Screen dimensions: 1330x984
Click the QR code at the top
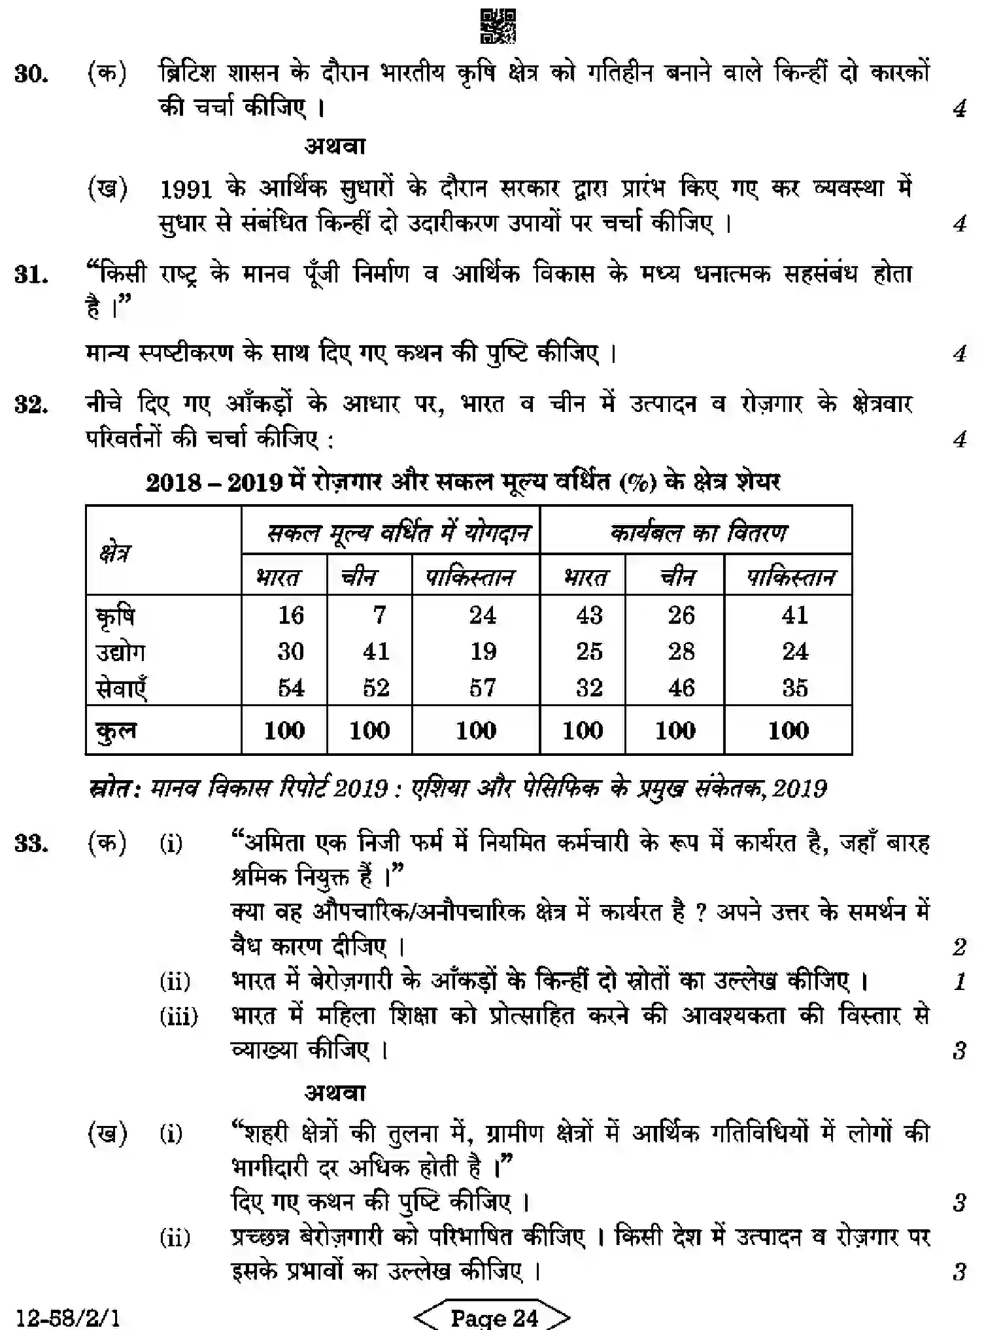498,26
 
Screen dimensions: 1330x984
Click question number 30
31,75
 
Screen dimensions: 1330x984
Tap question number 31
31,275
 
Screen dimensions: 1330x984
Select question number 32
31,405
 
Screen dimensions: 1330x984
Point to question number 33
31,844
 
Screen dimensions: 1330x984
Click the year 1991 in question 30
186,190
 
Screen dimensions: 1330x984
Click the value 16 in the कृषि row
290,615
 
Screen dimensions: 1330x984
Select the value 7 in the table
379,615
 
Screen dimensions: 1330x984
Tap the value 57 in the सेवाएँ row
483,688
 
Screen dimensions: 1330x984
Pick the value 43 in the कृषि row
588,615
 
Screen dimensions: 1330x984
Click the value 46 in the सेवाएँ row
681,688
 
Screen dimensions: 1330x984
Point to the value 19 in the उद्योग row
483,651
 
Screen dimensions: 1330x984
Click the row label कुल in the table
116,730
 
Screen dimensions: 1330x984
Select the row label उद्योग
120,652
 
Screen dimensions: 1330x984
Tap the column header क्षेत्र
115,553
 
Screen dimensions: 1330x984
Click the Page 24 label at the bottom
494,1317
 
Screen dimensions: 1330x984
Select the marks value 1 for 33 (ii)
959,981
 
